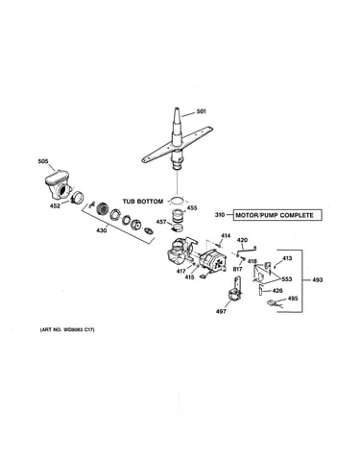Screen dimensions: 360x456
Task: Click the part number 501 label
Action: coord(202,111)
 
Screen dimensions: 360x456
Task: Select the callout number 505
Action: coord(43,161)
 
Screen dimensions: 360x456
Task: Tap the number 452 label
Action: coord(55,206)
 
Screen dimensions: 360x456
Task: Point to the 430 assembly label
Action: coord(102,230)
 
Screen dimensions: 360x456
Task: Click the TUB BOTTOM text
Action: coord(143,202)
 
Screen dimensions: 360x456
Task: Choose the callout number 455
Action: coord(192,208)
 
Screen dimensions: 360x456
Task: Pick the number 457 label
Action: coord(161,222)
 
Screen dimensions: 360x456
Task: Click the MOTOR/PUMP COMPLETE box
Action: coord(277,215)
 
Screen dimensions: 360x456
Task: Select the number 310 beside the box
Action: coord(220,215)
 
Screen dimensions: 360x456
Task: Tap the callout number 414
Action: coord(226,236)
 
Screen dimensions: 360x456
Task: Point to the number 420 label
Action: coord(242,240)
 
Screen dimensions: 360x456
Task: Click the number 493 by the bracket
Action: coord(318,280)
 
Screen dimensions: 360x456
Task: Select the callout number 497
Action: coord(221,311)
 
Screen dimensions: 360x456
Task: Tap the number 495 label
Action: coord(293,299)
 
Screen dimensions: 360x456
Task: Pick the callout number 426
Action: coord(277,291)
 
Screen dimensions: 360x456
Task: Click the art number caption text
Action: coord(67,329)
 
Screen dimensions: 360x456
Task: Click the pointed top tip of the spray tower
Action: coord(178,108)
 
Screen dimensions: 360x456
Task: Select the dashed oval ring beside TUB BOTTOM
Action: coord(177,201)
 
